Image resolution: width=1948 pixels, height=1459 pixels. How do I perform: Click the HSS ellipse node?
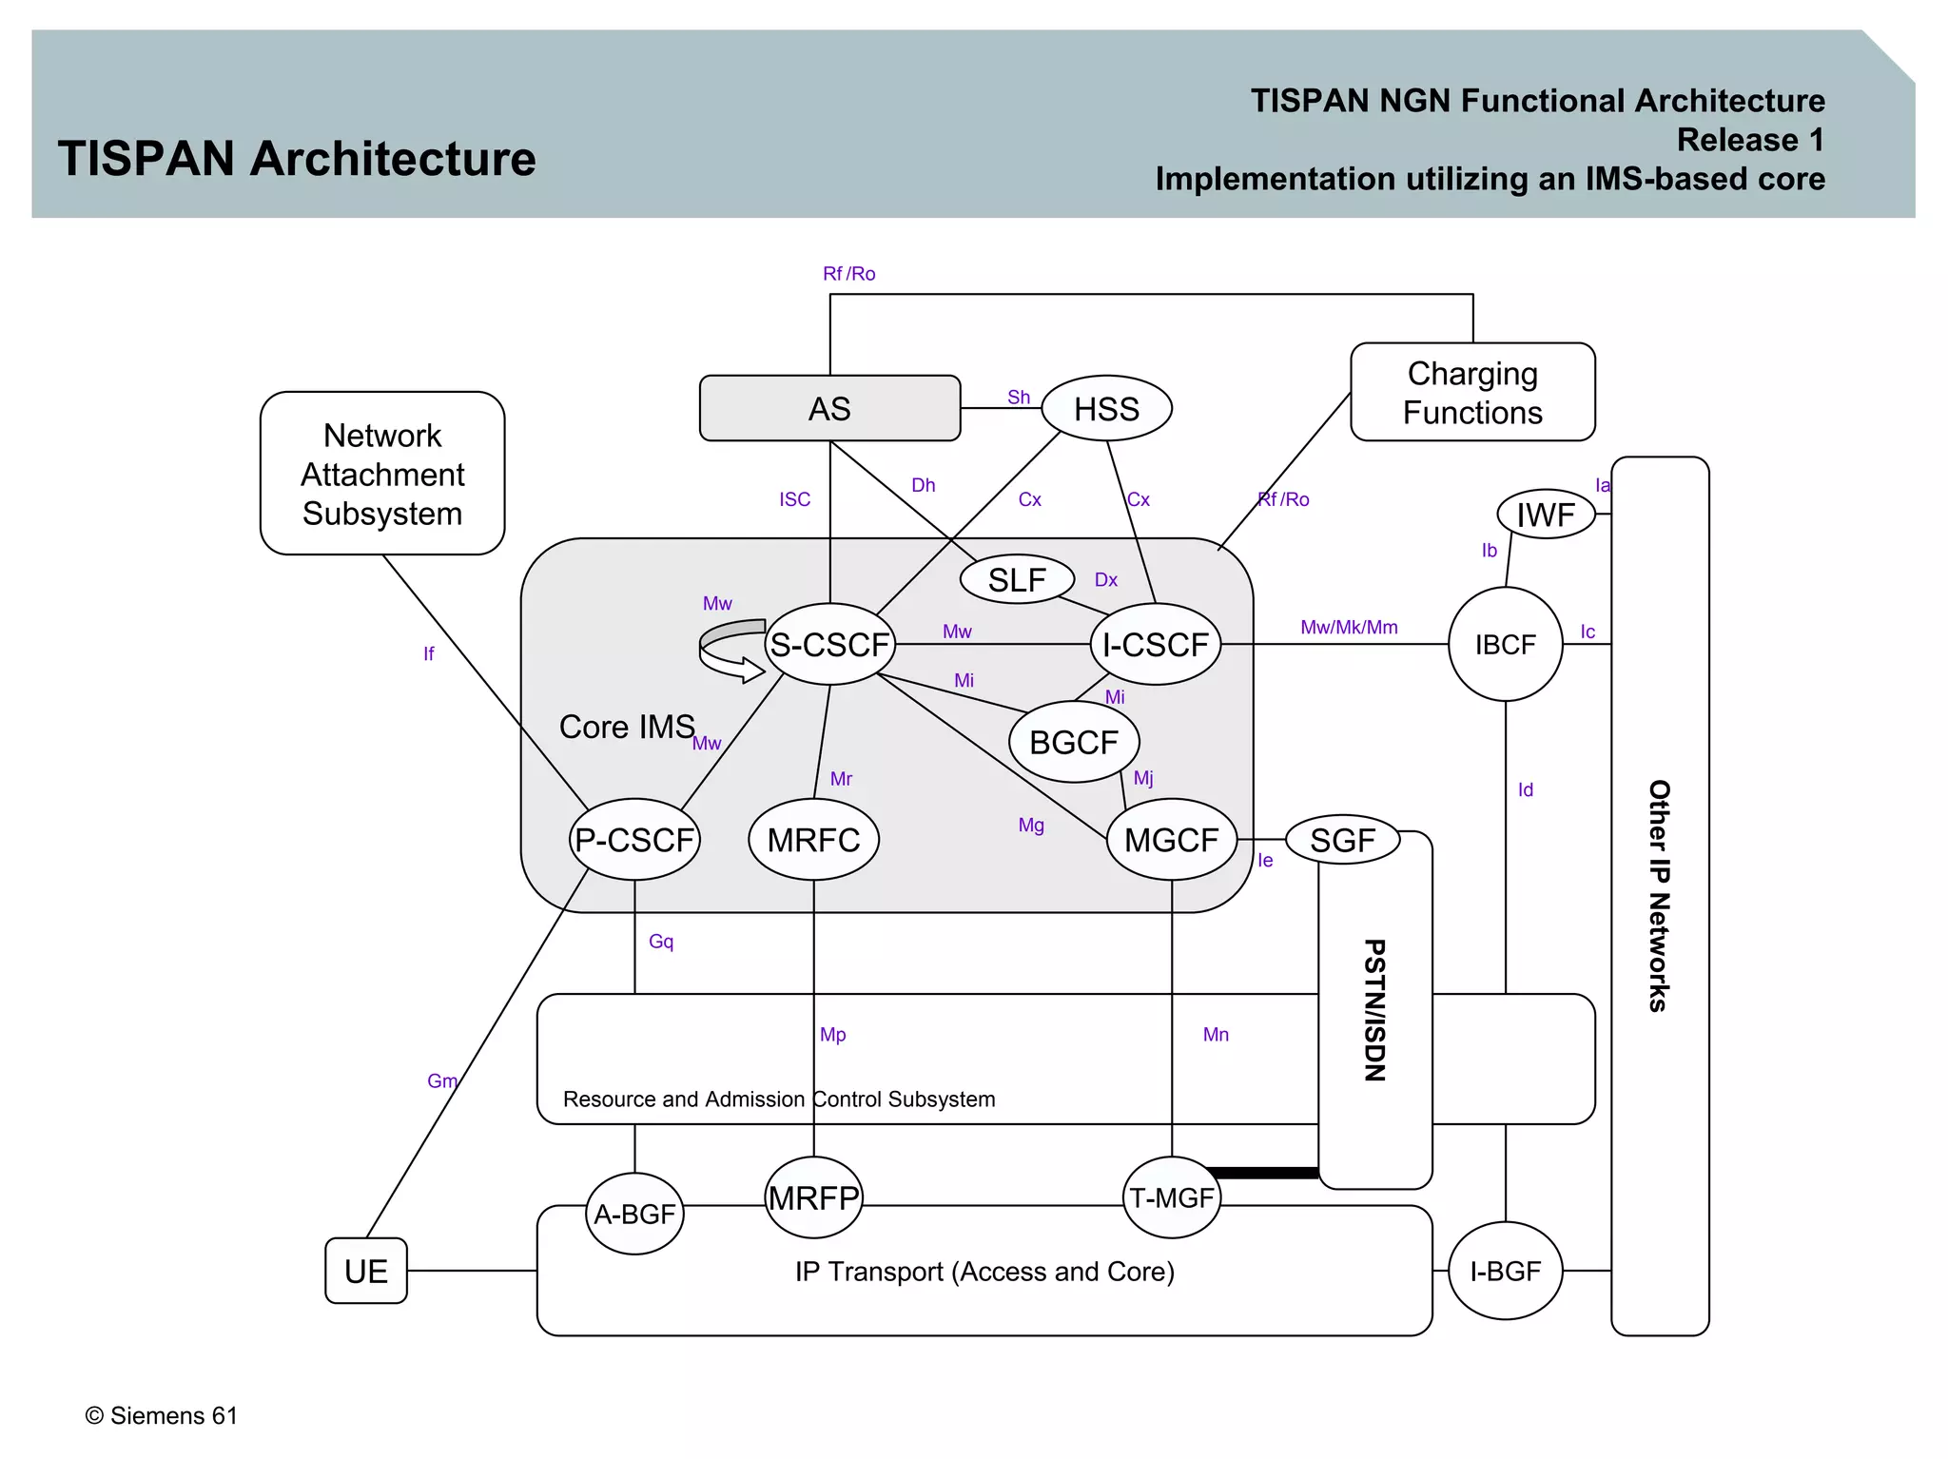point(1106,409)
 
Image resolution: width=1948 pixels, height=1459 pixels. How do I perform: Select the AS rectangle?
point(829,409)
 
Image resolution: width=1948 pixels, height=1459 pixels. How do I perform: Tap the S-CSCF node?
point(829,645)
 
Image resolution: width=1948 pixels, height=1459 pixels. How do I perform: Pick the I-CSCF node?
point(1155,645)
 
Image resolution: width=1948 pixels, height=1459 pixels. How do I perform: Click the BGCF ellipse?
point(1074,742)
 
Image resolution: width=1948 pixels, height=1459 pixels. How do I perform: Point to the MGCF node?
point(1171,840)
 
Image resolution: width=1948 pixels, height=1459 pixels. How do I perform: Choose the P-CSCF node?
point(634,840)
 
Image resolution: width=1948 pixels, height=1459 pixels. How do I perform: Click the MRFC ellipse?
point(813,840)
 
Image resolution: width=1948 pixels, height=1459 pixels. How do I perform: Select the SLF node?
point(1017,579)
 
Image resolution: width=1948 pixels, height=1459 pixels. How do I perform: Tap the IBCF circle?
point(1505,645)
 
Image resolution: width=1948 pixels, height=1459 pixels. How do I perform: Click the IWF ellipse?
point(1546,515)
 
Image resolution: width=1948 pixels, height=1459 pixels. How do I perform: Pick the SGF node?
point(1342,840)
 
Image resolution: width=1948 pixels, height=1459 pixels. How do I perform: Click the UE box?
point(366,1271)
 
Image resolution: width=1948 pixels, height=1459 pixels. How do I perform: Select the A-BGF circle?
point(634,1214)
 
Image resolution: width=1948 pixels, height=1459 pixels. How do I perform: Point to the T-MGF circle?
point(1171,1197)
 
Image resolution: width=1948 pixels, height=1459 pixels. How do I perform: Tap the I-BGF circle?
point(1505,1271)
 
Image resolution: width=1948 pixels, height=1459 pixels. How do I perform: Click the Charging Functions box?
point(1472,393)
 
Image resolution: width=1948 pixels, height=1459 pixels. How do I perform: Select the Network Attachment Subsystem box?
point(382,474)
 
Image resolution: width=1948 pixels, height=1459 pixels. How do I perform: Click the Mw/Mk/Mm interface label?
point(1349,628)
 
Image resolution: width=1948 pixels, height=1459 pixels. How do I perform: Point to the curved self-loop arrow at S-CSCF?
point(729,652)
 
